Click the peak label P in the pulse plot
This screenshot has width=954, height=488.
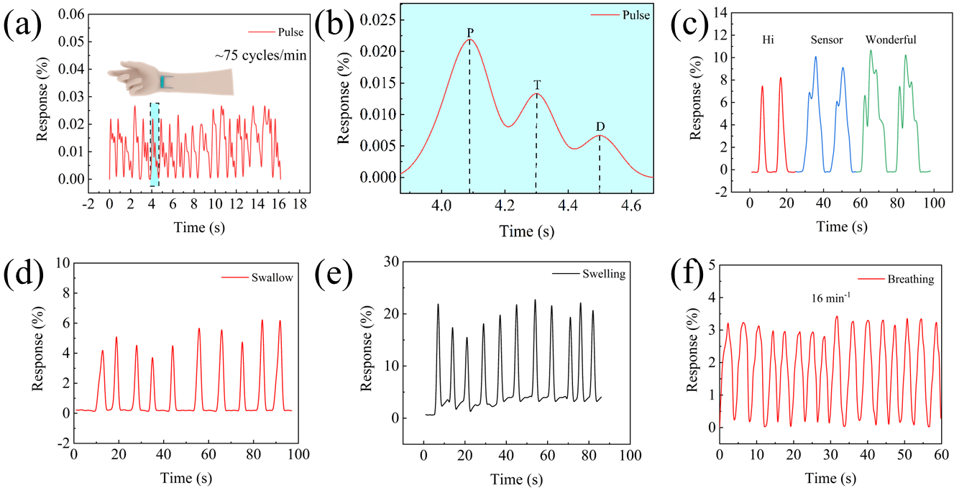[469, 32]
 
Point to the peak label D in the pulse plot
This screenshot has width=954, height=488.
[600, 127]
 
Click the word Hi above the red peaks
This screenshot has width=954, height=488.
[768, 40]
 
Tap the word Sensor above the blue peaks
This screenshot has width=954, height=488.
[826, 40]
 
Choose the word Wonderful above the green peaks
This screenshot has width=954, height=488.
[891, 40]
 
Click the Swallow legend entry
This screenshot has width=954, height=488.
[272, 277]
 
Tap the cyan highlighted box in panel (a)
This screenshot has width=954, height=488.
[155, 144]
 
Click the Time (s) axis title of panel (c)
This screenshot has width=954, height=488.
[841, 226]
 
